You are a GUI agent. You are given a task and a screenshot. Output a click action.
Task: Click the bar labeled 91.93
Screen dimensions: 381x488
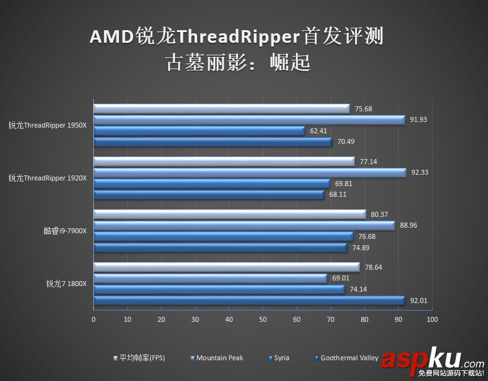point(249,119)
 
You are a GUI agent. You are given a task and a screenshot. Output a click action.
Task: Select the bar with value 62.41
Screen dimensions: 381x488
point(199,131)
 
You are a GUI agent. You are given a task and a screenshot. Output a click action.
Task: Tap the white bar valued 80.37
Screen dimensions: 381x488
point(229,214)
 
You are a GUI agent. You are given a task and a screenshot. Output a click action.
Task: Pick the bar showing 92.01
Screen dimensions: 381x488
point(249,300)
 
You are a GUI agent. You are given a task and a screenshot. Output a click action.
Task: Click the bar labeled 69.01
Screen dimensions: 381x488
point(210,278)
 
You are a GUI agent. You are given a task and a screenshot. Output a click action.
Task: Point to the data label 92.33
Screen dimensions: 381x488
point(419,172)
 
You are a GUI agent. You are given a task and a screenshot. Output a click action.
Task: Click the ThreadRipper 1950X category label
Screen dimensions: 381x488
point(47,125)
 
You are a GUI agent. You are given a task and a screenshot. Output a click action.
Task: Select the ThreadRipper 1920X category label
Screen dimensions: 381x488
point(47,178)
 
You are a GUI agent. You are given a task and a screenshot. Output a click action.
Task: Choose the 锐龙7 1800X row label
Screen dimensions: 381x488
point(65,284)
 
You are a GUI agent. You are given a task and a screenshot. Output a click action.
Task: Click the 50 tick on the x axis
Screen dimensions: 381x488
point(263,320)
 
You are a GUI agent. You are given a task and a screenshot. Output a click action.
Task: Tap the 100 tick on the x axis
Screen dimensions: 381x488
point(431,320)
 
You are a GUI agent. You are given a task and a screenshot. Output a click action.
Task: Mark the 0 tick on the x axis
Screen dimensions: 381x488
point(94,320)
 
